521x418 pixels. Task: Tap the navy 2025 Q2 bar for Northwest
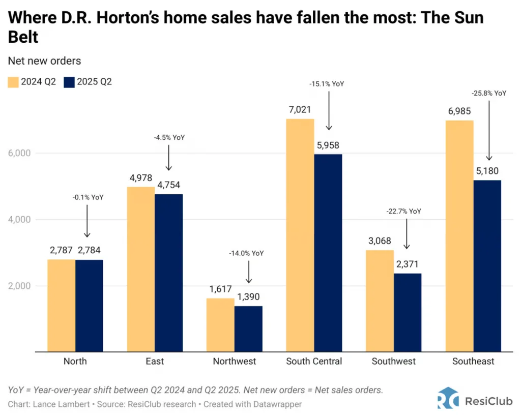pos(248,329)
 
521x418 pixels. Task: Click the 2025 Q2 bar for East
pos(168,273)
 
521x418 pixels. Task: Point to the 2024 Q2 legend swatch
pos(13,82)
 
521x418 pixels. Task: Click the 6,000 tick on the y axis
pos(19,153)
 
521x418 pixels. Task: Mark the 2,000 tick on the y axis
pos(19,286)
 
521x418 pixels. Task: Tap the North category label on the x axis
pos(75,362)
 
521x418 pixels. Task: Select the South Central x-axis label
pos(314,362)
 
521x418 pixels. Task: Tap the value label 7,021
pos(300,109)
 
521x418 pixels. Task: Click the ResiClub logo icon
pos(448,398)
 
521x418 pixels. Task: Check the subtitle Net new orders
pos(44,61)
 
